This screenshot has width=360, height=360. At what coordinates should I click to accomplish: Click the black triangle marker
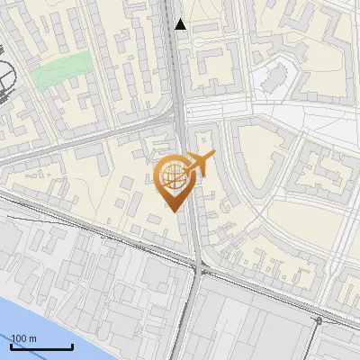tap(181, 24)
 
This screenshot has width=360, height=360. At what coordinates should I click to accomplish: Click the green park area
tap(63, 70)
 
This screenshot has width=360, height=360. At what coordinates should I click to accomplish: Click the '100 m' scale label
tap(25, 338)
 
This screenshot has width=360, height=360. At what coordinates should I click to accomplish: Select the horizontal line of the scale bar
tap(41, 346)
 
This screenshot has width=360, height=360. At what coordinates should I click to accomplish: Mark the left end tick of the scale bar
tap(12, 345)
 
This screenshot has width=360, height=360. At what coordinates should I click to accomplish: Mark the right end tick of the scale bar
tap(72, 345)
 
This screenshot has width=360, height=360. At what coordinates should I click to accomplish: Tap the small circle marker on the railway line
tap(319, 319)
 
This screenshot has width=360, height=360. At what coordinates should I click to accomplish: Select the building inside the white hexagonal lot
tap(274, 81)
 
